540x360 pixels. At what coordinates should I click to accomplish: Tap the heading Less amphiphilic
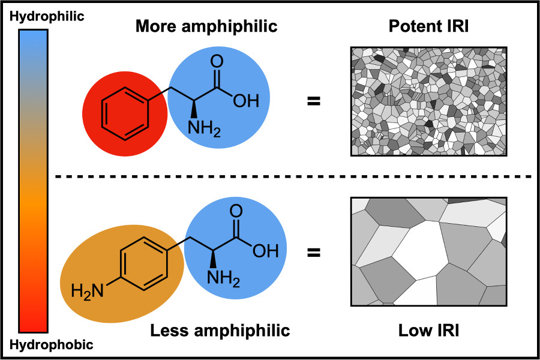pos(220,330)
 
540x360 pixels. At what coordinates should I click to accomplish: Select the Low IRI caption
pos(430,330)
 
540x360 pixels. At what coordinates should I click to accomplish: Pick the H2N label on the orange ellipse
pos(86,292)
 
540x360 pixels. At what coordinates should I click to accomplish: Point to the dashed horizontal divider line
pos(294,177)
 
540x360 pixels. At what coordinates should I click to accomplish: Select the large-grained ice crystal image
pos(429,251)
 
